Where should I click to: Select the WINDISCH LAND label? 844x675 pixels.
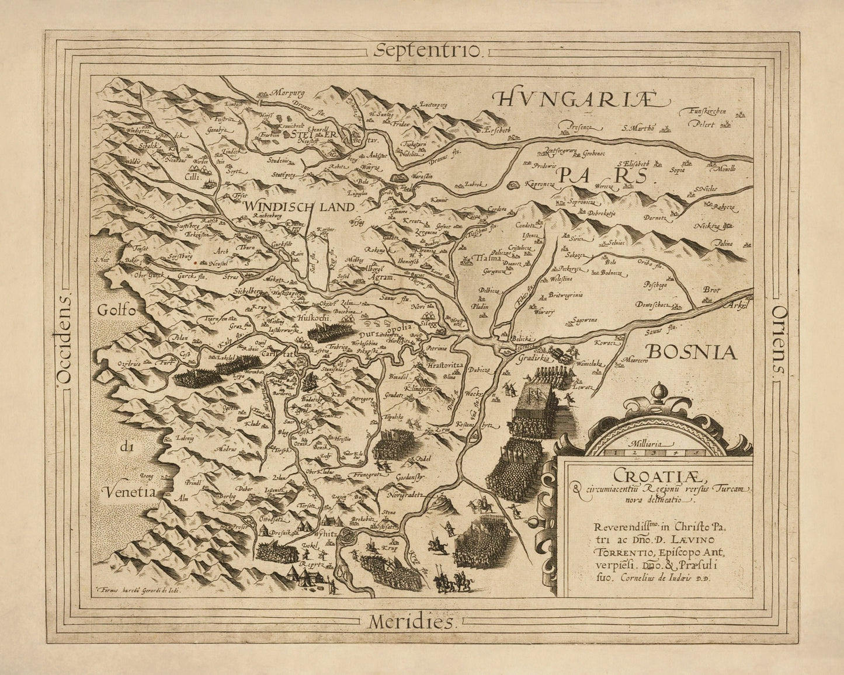[300, 206]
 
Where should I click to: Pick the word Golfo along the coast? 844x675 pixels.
[116, 310]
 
